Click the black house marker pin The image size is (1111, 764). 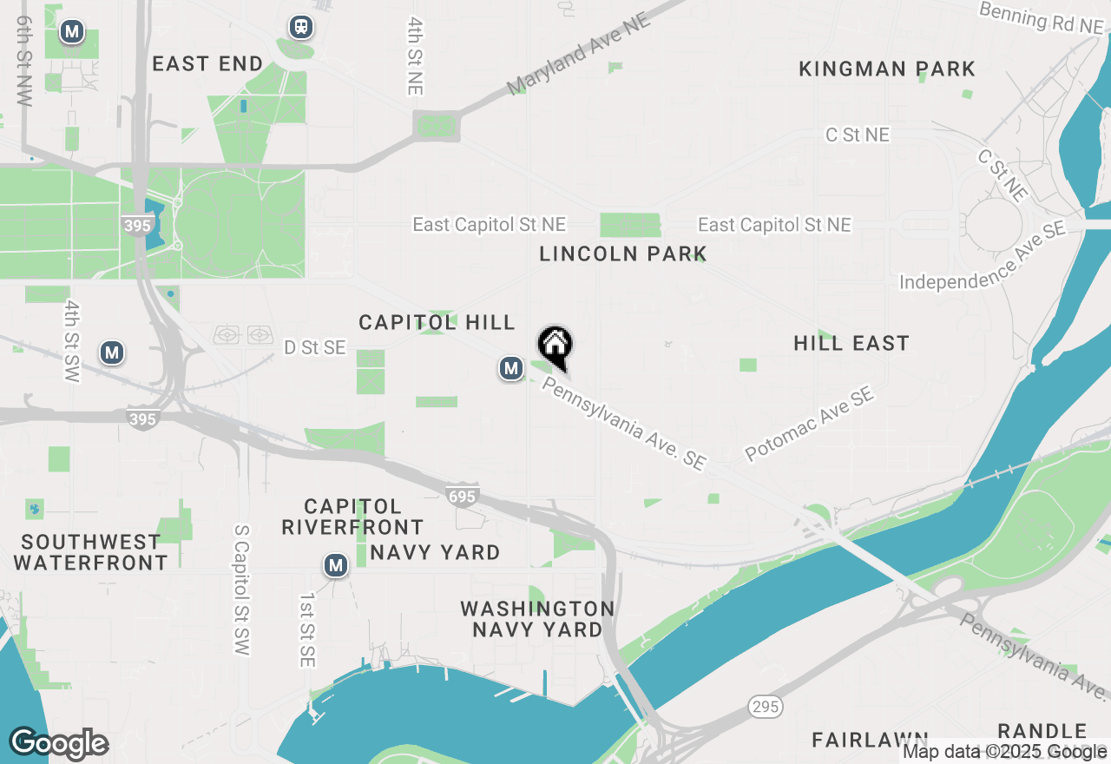click(x=555, y=346)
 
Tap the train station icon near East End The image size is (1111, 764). click(x=301, y=28)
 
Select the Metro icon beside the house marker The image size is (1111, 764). click(x=511, y=369)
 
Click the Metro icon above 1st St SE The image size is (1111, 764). click(x=335, y=566)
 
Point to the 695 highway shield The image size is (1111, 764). click(x=462, y=496)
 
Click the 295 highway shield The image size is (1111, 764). click(x=766, y=707)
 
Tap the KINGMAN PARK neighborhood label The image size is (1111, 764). click(x=887, y=69)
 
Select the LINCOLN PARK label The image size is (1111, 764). click(x=623, y=254)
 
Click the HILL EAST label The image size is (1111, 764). click(x=851, y=344)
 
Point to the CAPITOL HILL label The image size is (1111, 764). click(x=437, y=323)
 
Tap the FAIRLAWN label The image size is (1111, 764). click(x=870, y=740)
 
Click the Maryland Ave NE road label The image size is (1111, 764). click(x=579, y=54)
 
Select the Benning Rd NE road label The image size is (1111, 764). click(x=1042, y=18)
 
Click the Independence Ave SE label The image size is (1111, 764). click(x=983, y=258)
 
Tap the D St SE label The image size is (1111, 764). click(x=314, y=348)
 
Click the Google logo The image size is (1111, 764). click(x=59, y=744)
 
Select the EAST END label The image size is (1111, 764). click(x=207, y=64)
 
